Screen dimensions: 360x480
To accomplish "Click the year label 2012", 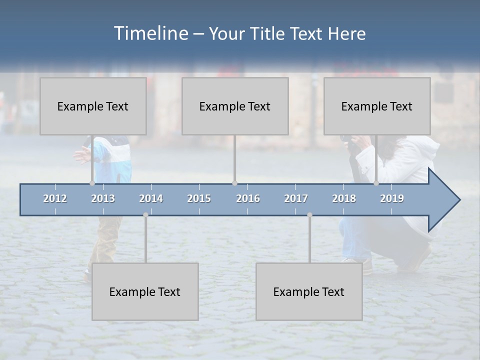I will click(55, 198).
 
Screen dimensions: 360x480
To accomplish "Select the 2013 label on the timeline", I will click(103, 198).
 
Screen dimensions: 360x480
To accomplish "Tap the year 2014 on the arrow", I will click(151, 198).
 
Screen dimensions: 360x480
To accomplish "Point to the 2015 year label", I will click(199, 198).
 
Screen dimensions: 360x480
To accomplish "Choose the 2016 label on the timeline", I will click(248, 198).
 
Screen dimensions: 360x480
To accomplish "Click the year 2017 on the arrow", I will click(296, 198).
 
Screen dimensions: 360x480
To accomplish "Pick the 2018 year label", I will click(344, 198).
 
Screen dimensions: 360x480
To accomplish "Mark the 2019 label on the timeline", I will click(392, 198).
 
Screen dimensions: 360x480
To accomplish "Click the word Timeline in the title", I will click(151, 33).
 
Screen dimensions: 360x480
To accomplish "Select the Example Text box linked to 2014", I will click(145, 291).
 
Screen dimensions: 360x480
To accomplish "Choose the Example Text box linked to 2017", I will click(309, 291).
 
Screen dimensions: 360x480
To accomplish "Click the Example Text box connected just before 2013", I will click(93, 106).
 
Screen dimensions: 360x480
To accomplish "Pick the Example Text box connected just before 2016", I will click(235, 106).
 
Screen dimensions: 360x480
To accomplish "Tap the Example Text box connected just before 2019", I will click(377, 106).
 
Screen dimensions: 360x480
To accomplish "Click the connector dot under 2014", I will click(145, 215).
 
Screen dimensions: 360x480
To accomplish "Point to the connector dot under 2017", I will click(309, 215).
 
